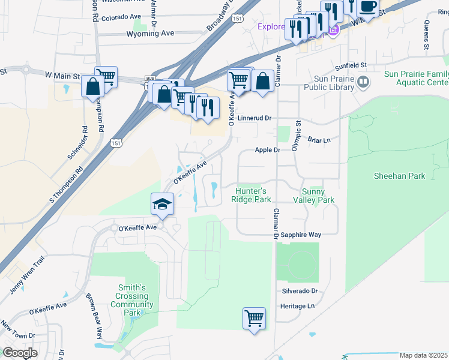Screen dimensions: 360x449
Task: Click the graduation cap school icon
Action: click(x=162, y=204)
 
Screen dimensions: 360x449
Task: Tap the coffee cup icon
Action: click(x=367, y=7)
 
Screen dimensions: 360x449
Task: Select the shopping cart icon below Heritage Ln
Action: click(x=254, y=318)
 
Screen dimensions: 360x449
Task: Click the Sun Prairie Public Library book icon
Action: click(x=363, y=82)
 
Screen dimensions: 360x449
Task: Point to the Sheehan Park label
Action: click(x=399, y=176)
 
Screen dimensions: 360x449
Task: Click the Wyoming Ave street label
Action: click(x=150, y=34)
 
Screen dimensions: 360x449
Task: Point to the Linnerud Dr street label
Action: click(x=255, y=118)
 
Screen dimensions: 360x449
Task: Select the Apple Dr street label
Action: click(x=268, y=150)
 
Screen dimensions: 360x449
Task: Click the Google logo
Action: click(x=19, y=353)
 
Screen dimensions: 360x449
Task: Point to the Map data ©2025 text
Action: click(x=423, y=355)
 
